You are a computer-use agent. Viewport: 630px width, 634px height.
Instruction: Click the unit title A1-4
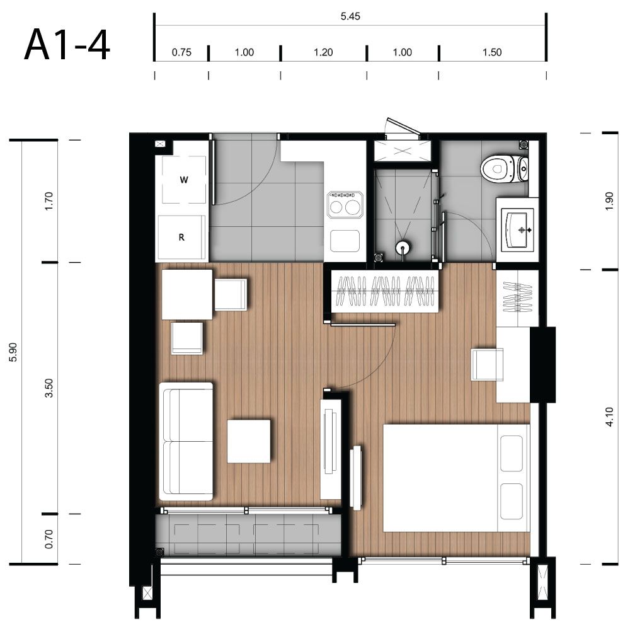[67, 45]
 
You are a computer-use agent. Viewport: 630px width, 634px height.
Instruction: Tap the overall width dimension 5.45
[350, 16]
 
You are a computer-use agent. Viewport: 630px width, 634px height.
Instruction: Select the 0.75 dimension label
[181, 52]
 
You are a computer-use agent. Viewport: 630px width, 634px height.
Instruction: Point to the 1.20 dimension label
[323, 52]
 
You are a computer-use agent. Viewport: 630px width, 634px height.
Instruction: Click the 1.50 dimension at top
[492, 52]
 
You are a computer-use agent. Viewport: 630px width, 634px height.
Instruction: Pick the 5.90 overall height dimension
[13, 352]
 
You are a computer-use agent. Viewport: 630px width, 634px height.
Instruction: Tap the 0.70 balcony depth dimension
[49, 539]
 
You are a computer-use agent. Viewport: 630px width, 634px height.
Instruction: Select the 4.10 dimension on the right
[610, 417]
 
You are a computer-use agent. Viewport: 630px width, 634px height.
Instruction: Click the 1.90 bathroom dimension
[610, 201]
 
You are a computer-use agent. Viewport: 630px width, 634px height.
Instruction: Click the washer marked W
[184, 180]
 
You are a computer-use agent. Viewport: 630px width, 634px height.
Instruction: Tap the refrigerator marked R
[181, 238]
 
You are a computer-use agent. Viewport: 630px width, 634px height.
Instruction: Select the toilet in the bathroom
[505, 168]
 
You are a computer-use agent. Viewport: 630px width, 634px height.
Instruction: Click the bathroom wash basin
[518, 230]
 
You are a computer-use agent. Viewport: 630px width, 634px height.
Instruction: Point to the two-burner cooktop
[345, 205]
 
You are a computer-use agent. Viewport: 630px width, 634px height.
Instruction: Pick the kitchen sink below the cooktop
[345, 241]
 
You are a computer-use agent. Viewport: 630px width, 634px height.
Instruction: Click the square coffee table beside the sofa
[248, 441]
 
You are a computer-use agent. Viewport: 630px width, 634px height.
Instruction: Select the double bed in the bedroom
[456, 478]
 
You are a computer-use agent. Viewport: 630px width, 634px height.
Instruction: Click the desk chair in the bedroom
[488, 365]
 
